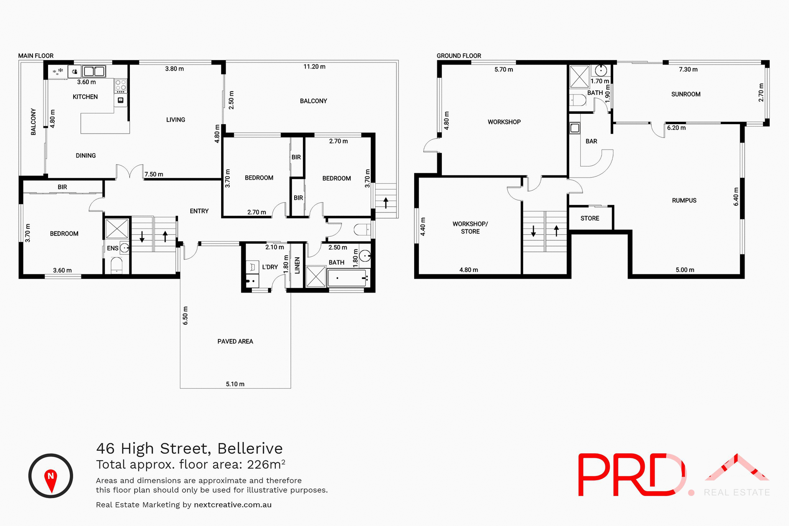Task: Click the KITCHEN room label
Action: [x=85, y=97]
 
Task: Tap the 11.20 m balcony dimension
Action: [x=314, y=67]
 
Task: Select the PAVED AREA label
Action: [x=235, y=341]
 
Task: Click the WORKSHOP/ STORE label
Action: [x=470, y=228]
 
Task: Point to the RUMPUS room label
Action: [x=684, y=201]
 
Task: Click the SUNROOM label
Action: [x=685, y=94]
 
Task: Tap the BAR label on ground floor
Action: [x=591, y=141]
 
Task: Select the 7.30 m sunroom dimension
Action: [x=688, y=69]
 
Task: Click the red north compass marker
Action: [x=51, y=479]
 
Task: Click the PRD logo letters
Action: [x=631, y=475]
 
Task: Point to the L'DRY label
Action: [x=270, y=267]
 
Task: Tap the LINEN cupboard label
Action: [x=297, y=265]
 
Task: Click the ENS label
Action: [x=112, y=248]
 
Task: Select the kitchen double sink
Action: [x=94, y=72]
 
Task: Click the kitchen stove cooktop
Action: [x=120, y=85]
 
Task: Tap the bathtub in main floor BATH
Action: [x=347, y=278]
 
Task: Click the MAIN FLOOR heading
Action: [x=36, y=56]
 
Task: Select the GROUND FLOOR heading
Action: [x=459, y=56]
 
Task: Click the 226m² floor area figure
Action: [x=266, y=464]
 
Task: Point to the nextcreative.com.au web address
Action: [x=233, y=505]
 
